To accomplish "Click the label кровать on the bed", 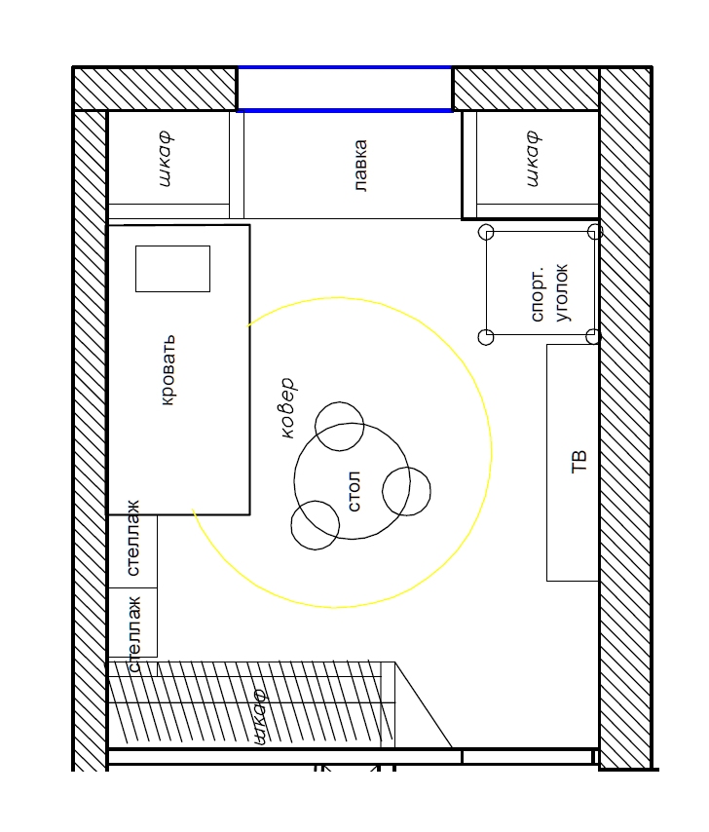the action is click(168, 370).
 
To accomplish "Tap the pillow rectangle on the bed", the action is click(173, 269).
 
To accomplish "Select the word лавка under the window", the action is click(360, 165).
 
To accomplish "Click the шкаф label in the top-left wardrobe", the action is click(166, 159).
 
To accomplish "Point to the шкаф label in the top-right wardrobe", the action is click(534, 159).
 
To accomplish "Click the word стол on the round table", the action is click(354, 491).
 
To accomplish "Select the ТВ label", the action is click(578, 461).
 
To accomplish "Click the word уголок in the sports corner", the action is click(562, 292).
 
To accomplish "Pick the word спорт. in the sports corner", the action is click(538, 293).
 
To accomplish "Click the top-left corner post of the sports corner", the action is click(486, 232).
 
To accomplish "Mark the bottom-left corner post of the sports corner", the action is click(486, 337).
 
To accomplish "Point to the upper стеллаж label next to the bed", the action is click(133, 538).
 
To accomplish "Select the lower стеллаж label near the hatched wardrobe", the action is click(134, 634).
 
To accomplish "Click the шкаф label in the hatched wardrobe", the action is click(259, 717).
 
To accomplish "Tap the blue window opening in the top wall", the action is click(345, 89).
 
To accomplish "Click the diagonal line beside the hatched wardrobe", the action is click(424, 704).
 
